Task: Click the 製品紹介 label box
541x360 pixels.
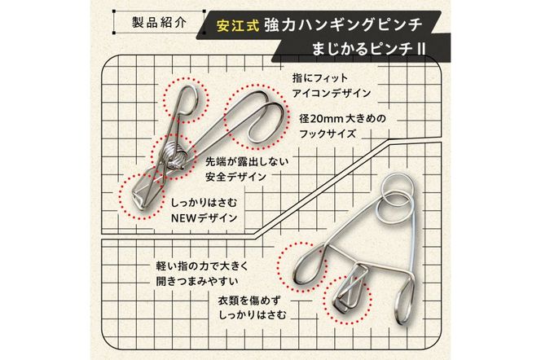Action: [x=160, y=21]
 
